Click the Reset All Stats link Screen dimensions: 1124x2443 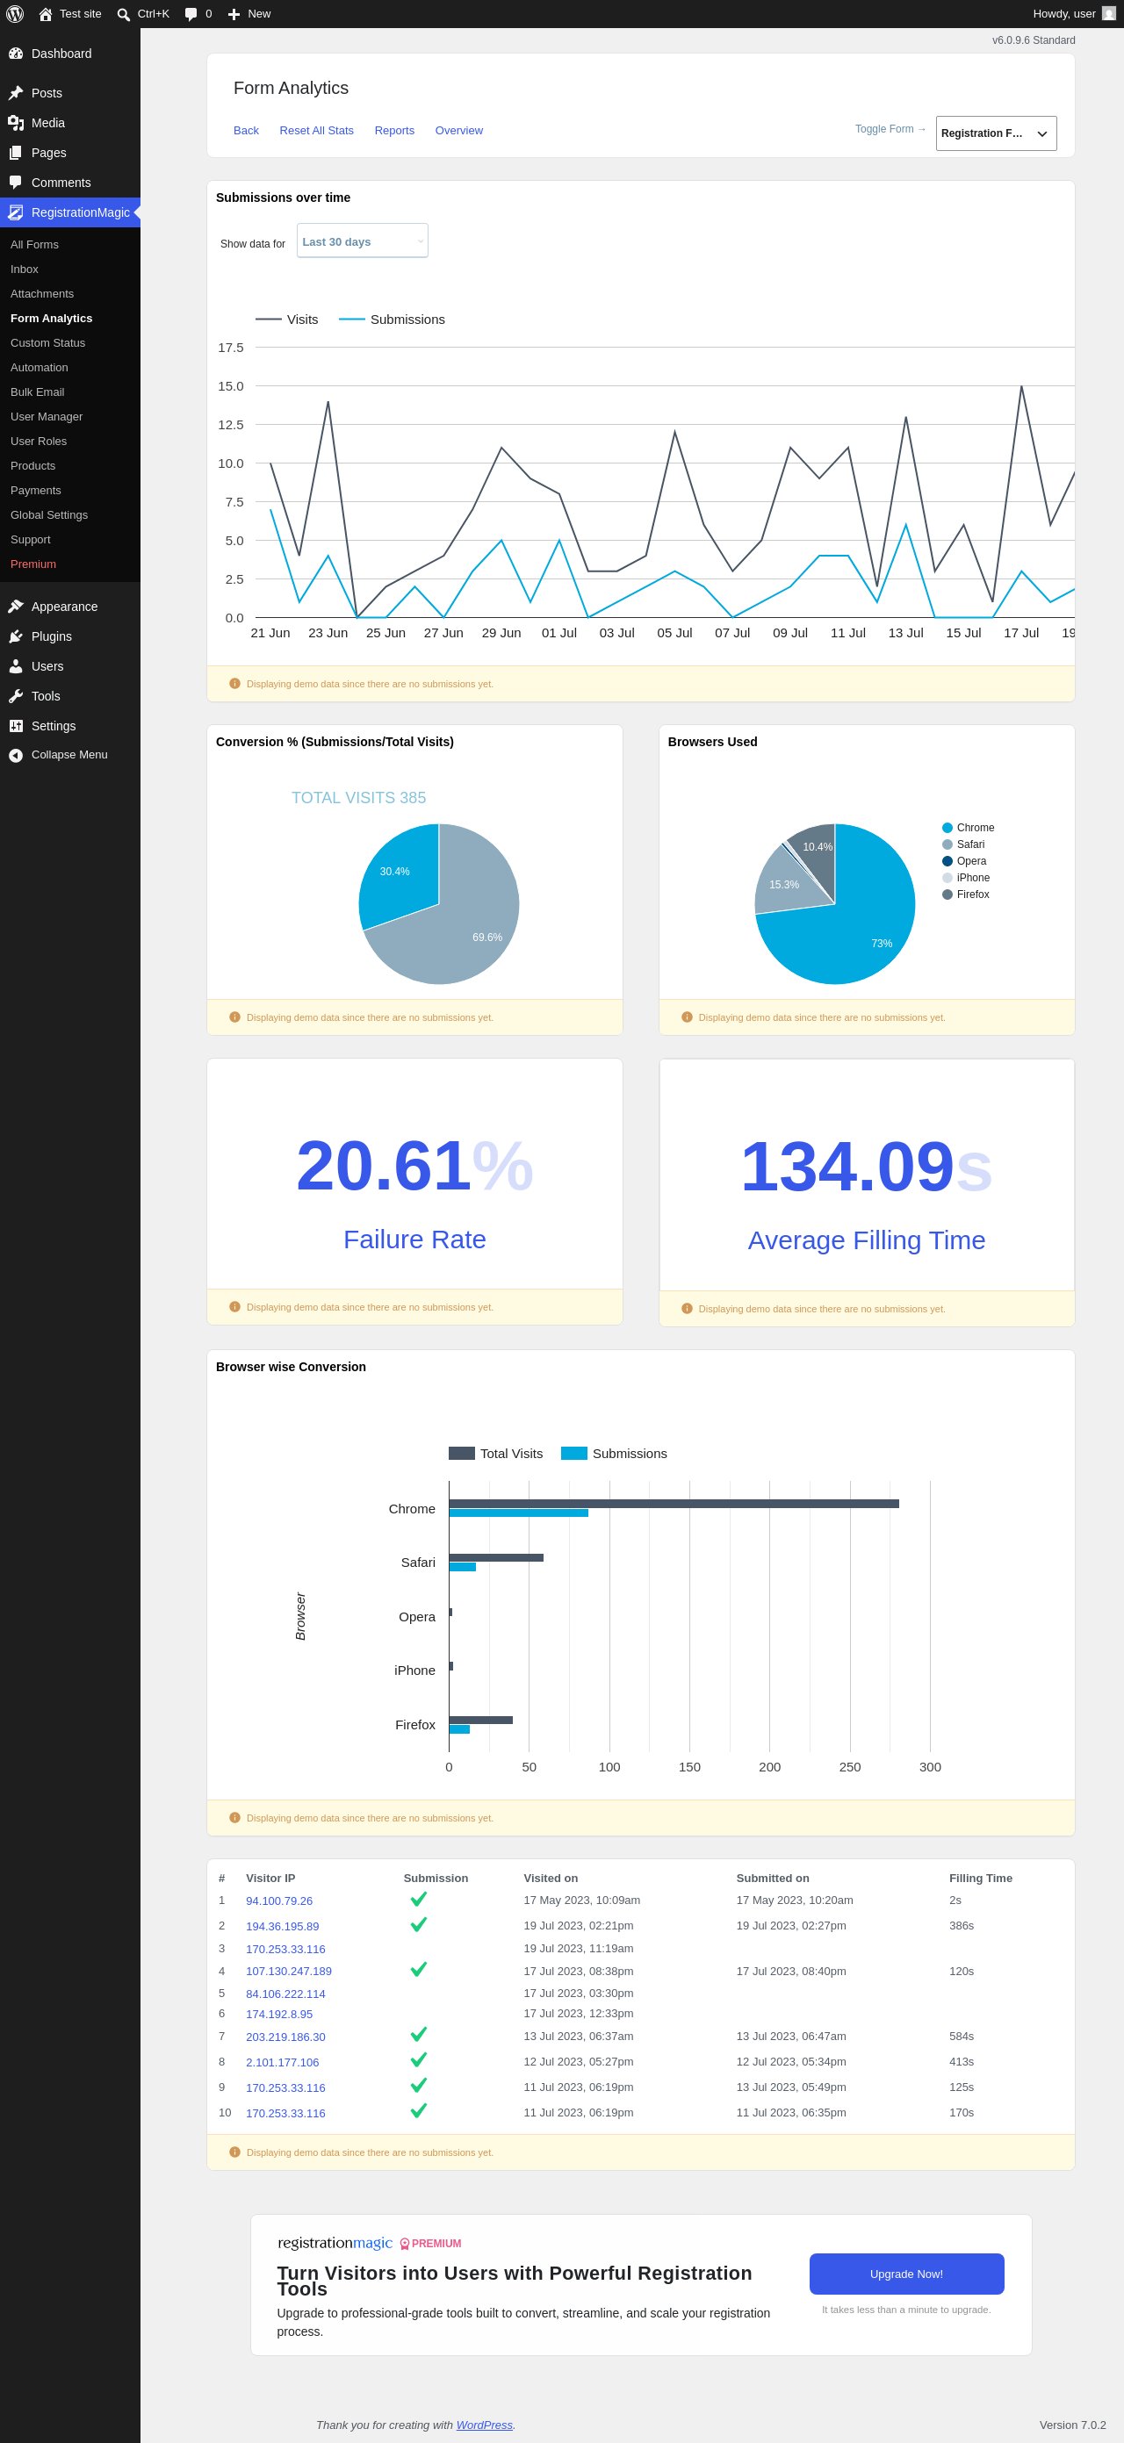[316, 131]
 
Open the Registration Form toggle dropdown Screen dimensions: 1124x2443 [996, 133]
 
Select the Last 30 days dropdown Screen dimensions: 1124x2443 [363, 241]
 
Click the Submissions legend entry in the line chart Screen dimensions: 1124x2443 [392, 320]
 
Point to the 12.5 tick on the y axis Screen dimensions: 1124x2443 [230, 425]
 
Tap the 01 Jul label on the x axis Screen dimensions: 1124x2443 [558, 634]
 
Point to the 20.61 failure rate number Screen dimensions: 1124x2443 [383, 1166]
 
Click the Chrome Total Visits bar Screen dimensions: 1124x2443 [674, 1504]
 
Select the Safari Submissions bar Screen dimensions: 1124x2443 [462, 1568]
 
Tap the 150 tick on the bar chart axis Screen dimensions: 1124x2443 [689, 1768]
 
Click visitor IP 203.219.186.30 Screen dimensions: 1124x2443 [285, 2037]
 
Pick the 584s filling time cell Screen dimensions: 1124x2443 [961, 2037]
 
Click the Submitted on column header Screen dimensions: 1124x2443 [772, 1879]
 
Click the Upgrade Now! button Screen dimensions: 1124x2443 [906, 2274]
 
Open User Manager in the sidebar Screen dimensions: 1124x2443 [47, 417]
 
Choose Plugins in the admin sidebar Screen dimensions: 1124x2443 [51, 637]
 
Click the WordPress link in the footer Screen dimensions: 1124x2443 [484, 2425]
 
